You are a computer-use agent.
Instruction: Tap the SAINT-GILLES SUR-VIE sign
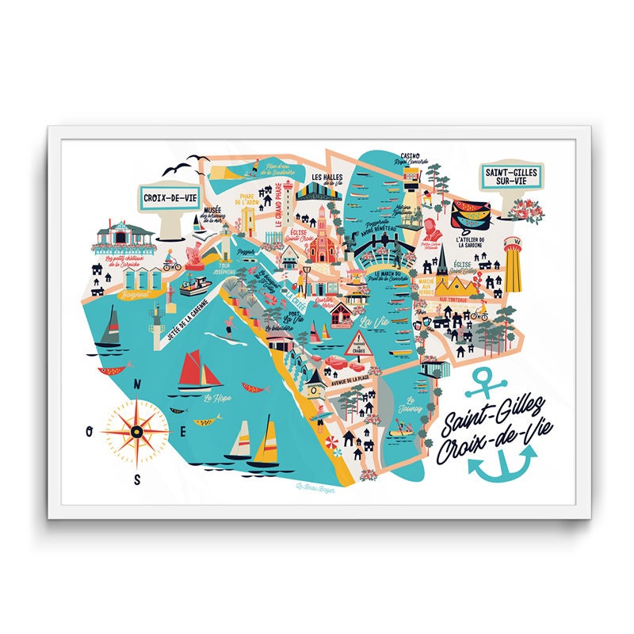pyautogui.click(x=512, y=176)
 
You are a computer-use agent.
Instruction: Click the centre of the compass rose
pyautogui.click(x=136, y=430)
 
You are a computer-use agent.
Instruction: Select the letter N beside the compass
pyautogui.click(x=137, y=385)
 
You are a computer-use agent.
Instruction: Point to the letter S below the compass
pyautogui.click(x=137, y=479)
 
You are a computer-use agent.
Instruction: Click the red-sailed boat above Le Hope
pyautogui.click(x=201, y=371)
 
